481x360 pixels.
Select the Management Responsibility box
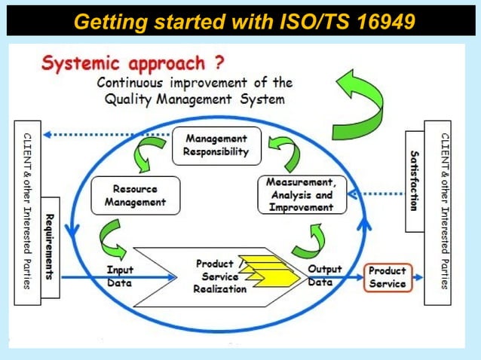pos(216,145)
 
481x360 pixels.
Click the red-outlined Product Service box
pos(387,277)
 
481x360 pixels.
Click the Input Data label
pos(120,276)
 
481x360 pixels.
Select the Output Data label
pos(325,275)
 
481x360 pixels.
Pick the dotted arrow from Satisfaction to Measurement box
pos(378,193)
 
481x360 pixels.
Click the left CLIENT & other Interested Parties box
pos(26,212)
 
